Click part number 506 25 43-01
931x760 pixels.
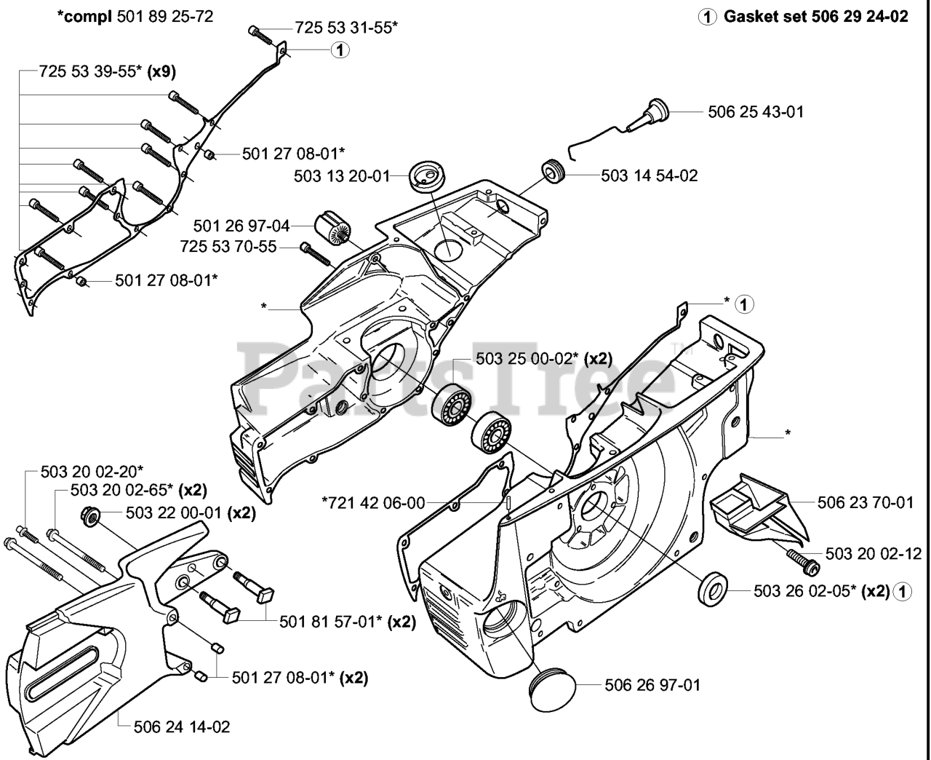pos(756,112)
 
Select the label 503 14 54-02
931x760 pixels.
pos(650,176)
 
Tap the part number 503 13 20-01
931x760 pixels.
pos(342,176)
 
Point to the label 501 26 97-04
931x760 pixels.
pos(241,226)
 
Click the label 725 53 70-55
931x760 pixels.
pos(228,247)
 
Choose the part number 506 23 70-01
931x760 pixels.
pos(866,502)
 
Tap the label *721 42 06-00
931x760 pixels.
pos(373,503)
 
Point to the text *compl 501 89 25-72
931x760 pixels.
pos(135,17)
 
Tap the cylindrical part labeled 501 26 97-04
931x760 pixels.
pos(333,228)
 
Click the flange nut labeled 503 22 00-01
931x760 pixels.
pos(90,515)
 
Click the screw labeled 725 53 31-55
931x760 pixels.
pos(260,35)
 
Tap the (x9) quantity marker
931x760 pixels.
pos(161,71)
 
